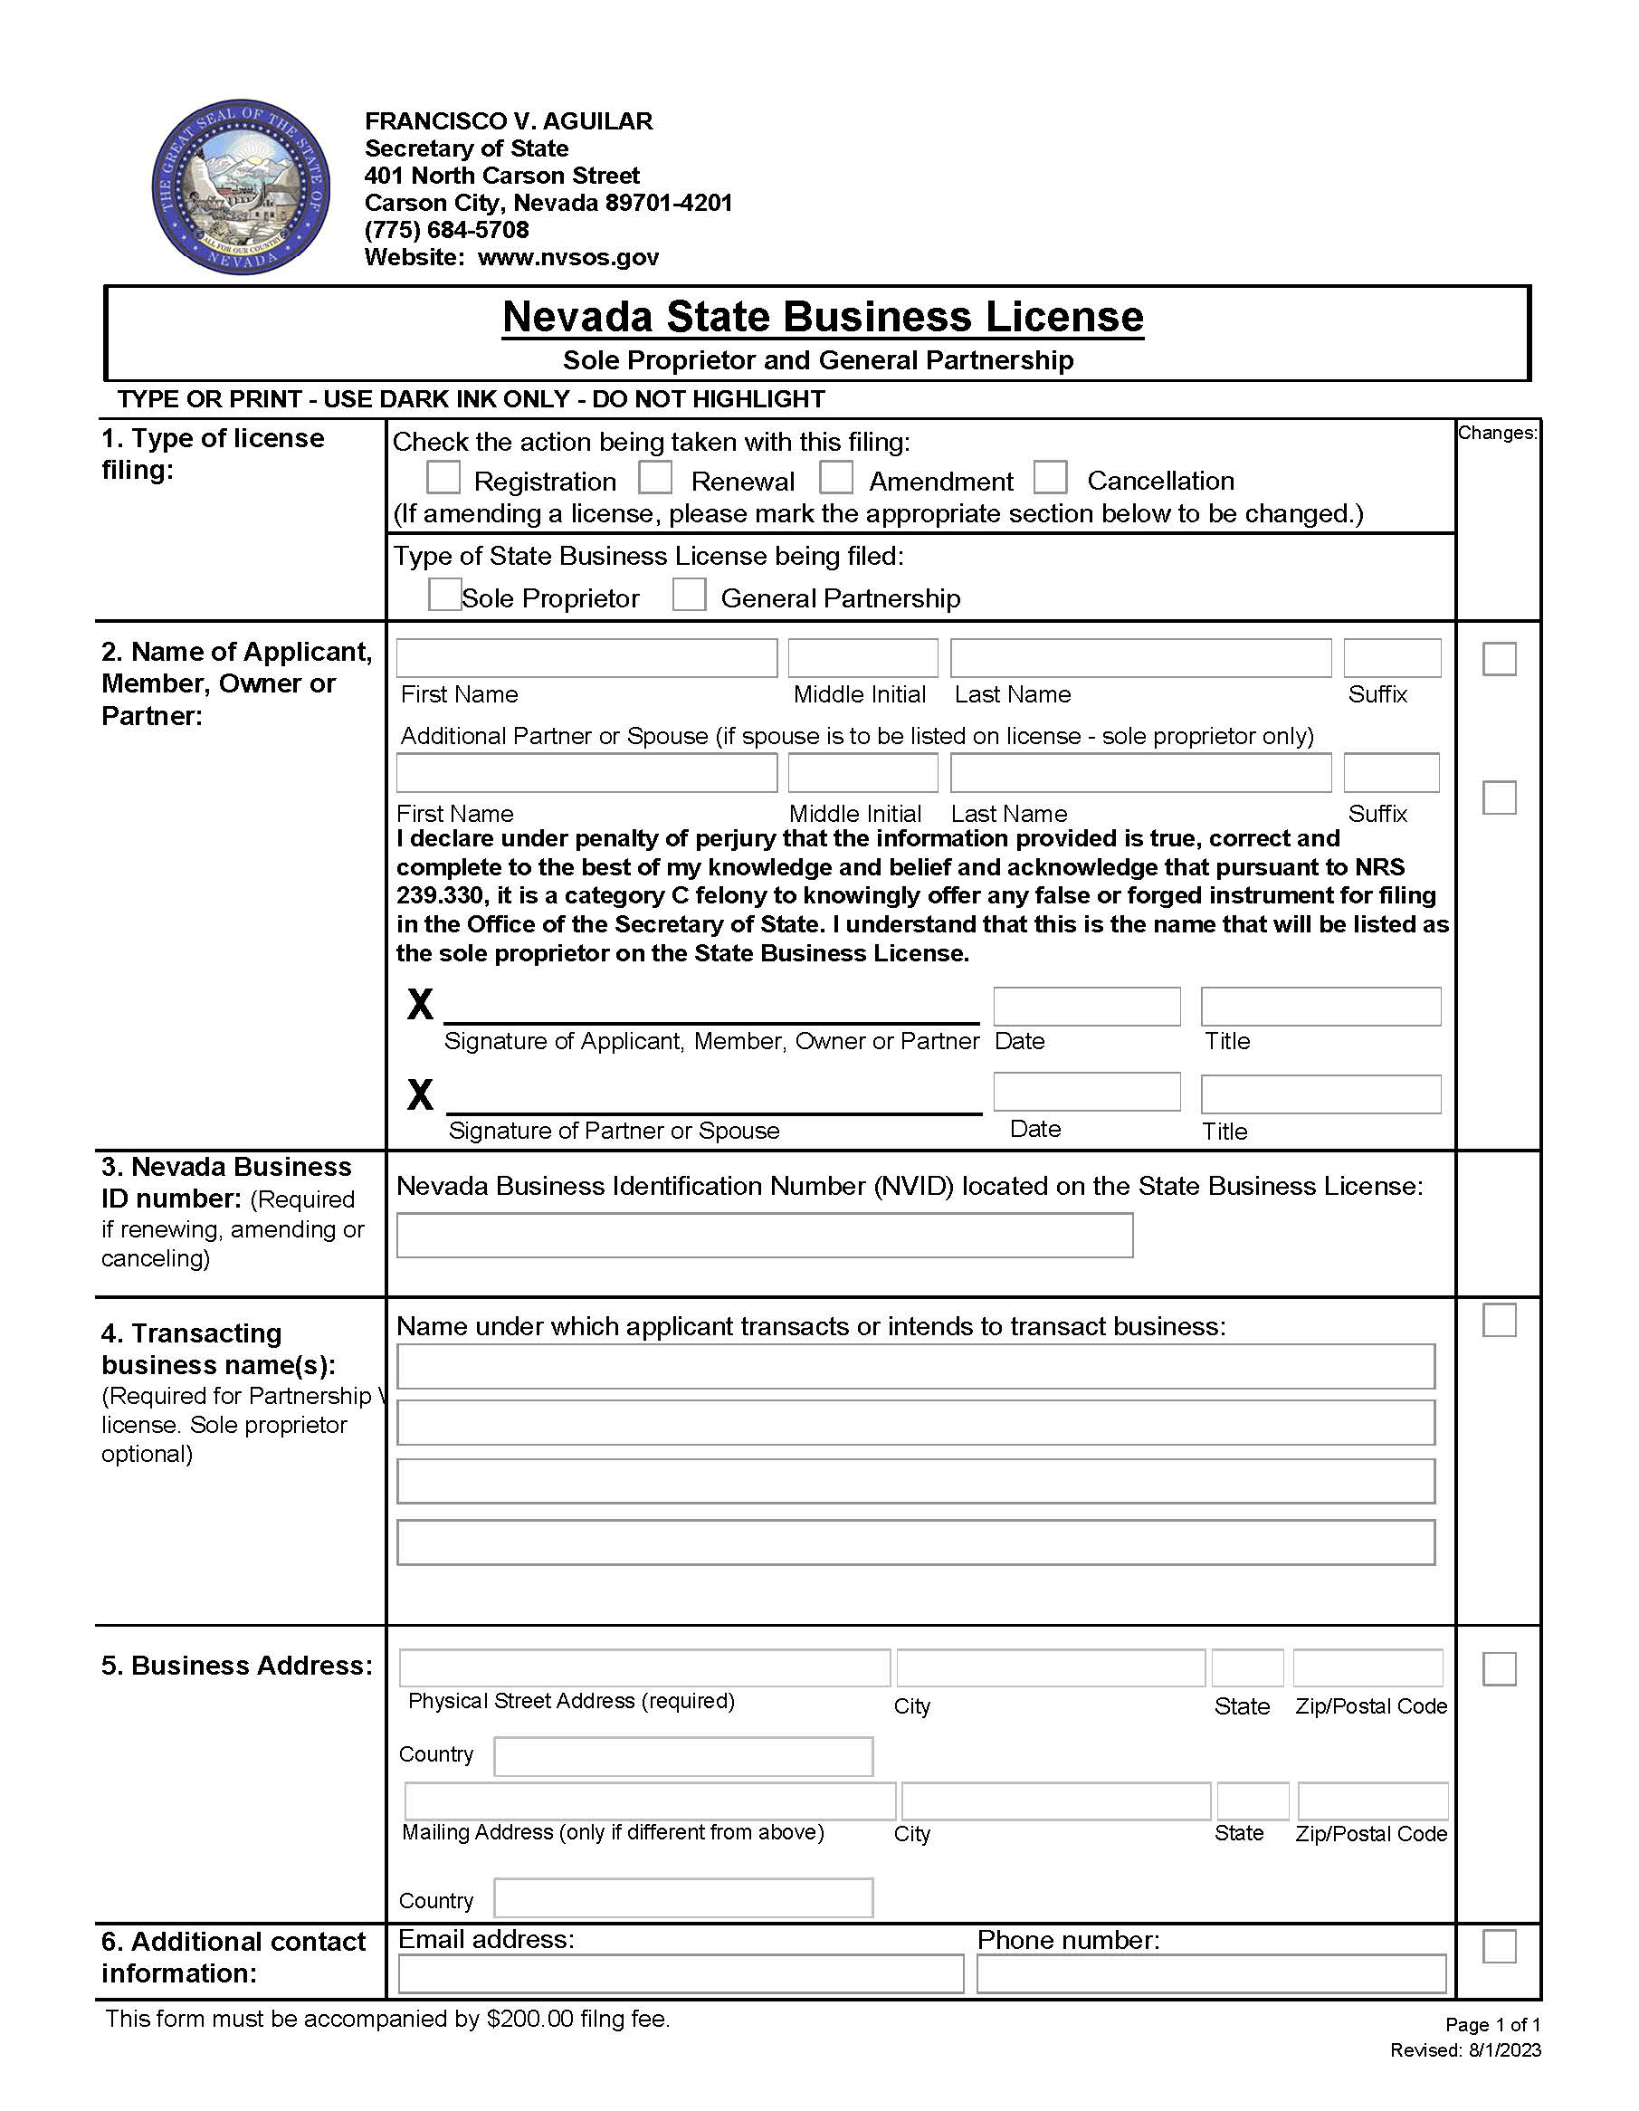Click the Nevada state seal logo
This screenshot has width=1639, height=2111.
pos(241,187)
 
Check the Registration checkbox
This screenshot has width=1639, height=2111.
pos(443,477)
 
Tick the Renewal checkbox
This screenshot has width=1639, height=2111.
pos(655,477)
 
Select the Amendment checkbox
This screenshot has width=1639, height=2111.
pos(836,477)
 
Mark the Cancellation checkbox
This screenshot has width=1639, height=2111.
pos(1051,477)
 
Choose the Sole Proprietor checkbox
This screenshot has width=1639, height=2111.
pos(444,595)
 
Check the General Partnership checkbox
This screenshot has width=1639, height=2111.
pos(689,595)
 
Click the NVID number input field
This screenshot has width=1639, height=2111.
pos(764,1236)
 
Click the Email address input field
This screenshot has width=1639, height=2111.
pos(681,1973)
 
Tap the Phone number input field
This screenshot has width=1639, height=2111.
pos(1211,1973)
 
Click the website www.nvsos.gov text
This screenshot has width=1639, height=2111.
pos(568,257)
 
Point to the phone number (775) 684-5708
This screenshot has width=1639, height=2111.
pos(446,230)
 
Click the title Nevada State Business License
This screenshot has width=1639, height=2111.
pos(823,317)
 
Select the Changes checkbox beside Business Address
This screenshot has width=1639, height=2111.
pos(1499,1669)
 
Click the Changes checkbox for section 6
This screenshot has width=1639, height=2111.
pos(1499,1946)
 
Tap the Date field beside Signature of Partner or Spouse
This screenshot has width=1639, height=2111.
pos(1086,1092)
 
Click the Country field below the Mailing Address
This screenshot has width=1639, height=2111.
pos(683,1897)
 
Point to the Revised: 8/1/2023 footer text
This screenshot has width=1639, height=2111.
pos(1465,2050)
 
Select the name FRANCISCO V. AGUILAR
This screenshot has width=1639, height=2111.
pos(509,120)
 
